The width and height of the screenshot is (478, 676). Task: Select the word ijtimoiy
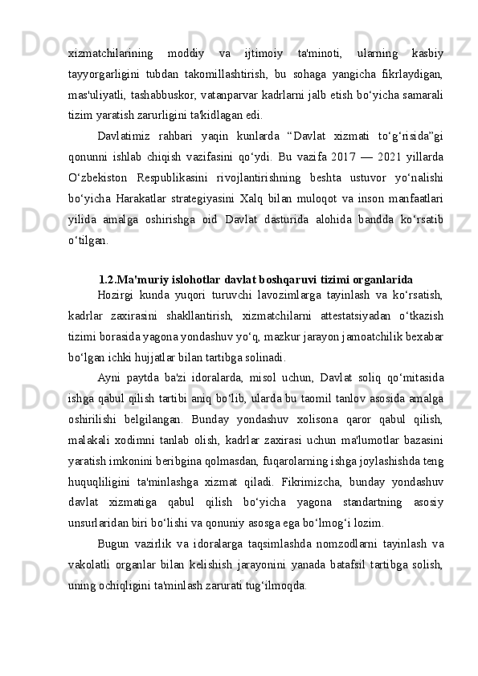tap(263, 54)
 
